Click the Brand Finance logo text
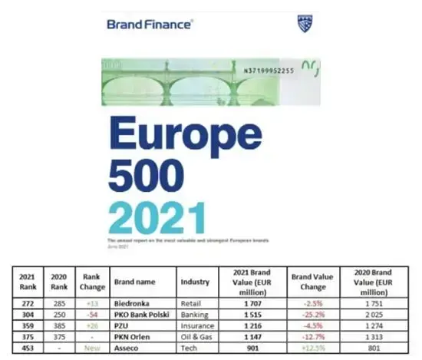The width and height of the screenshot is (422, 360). [150, 24]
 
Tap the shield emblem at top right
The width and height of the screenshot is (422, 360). [305, 24]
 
